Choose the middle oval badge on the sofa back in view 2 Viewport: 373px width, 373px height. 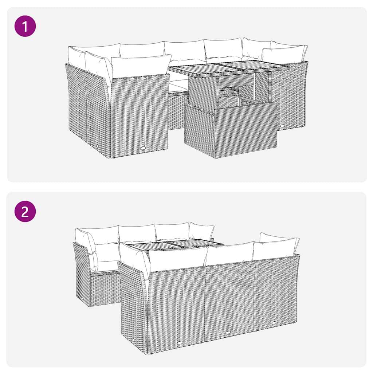point(228,333)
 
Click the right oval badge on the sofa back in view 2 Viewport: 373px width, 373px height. point(274,322)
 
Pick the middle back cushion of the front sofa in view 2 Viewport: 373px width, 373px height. point(229,253)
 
